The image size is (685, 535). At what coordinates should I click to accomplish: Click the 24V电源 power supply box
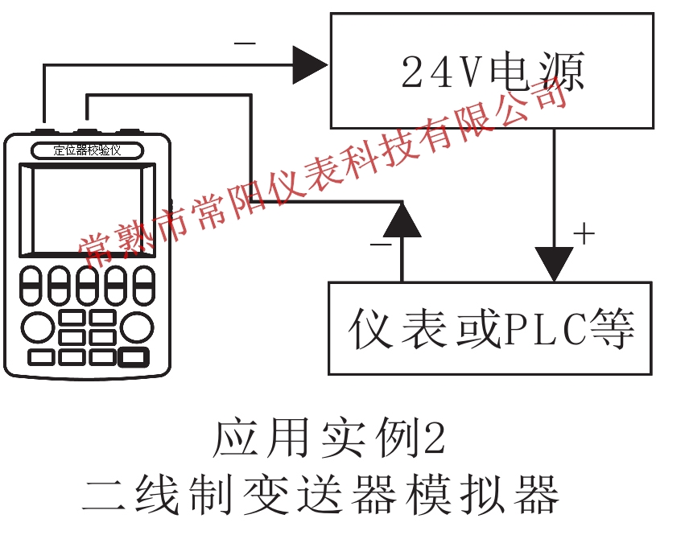pyautogui.click(x=491, y=70)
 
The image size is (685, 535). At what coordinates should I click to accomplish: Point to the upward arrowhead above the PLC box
pyautogui.click(x=402, y=219)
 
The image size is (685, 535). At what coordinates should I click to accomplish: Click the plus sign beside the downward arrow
pyautogui.click(x=584, y=234)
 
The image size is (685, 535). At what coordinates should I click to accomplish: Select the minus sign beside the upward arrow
pyautogui.click(x=380, y=242)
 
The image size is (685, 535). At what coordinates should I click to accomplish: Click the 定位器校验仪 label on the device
pyautogui.click(x=87, y=150)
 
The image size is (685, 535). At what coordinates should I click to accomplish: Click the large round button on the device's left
pyautogui.click(x=37, y=327)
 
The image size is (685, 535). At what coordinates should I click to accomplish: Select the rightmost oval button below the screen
pyautogui.click(x=143, y=286)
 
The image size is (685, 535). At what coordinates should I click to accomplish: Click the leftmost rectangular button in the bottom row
pyautogui.click(x=42, y=356)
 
